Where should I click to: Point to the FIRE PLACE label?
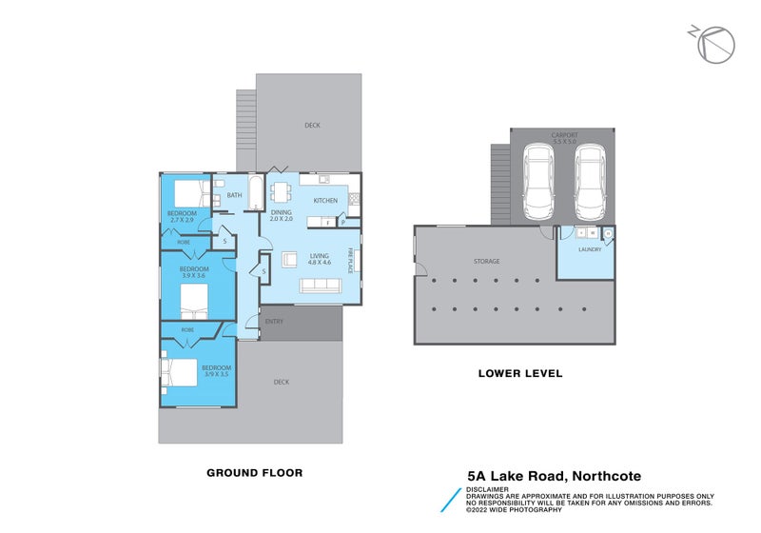(x=350, y=258)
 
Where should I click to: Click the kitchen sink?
(x=324, y=179)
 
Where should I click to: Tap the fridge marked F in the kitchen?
(x=326, y=223)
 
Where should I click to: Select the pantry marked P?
(x=342, y=223)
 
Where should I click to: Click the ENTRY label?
(x=275, y=322)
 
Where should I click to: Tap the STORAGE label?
(x=487, y=261)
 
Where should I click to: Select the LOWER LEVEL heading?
(x=519, y=373)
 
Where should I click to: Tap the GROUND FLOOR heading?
(x=255, y=471)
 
